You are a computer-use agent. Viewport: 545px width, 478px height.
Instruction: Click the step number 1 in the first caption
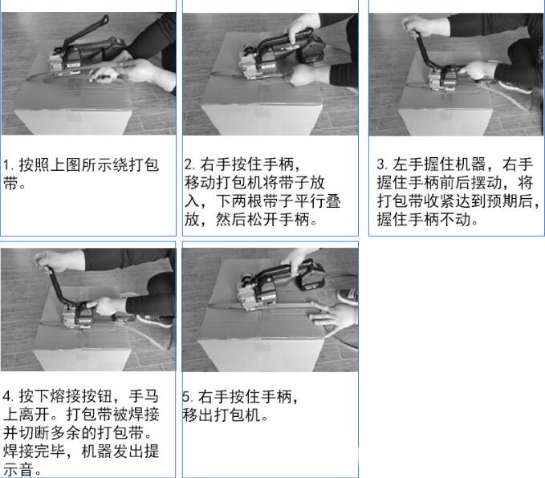[7, 165]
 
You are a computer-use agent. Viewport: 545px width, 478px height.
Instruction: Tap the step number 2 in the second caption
[189, 164]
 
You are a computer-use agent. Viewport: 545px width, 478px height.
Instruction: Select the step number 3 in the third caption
[381, 164]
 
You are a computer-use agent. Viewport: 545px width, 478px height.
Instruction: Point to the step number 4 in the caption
[7, 396]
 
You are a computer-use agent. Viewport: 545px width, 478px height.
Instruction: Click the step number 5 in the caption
[187, 396]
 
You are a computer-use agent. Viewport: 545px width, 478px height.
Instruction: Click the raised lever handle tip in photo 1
[104, 19]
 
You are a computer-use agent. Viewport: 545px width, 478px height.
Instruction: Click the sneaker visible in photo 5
[348, 296]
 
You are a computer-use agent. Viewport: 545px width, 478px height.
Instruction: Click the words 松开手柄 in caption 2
[278, 219]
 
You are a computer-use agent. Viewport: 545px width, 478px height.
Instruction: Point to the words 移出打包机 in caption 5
[222, 415]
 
